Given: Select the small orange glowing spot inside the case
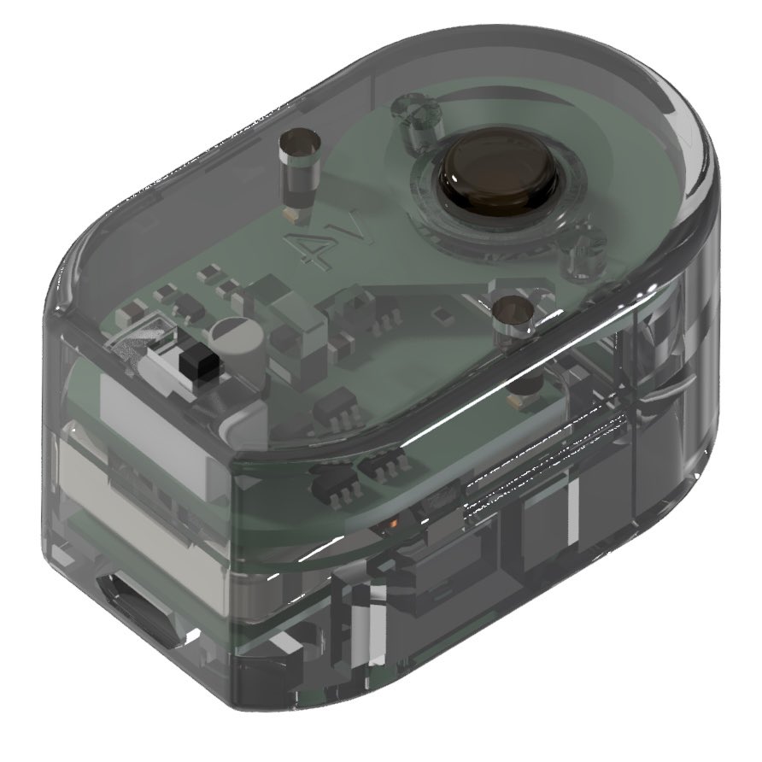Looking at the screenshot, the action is [394, 524].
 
